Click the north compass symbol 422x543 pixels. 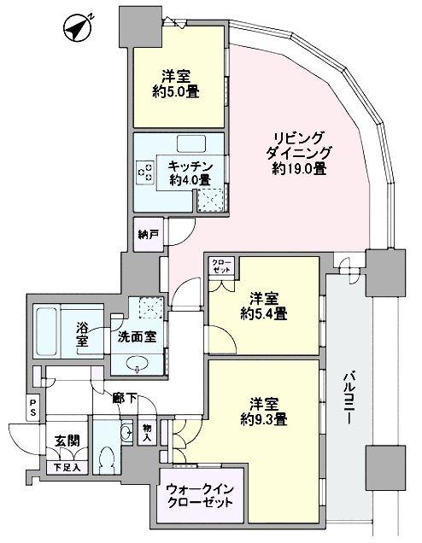pyautogui.click(x=77, y=29)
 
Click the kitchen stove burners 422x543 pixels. pyautogui.click(x=144, y=173)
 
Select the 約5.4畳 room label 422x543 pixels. pyautogui.click(x=263, y=306)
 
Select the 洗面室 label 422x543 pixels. pyautogui.click(x=137, y=336)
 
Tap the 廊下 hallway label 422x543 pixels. pyautogui.click(x=126, y=396)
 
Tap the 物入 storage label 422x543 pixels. pyautogui.click(x=146, y=433)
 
